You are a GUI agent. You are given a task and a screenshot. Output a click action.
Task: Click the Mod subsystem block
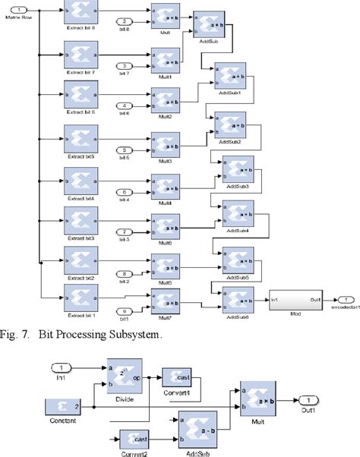point(296,301)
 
